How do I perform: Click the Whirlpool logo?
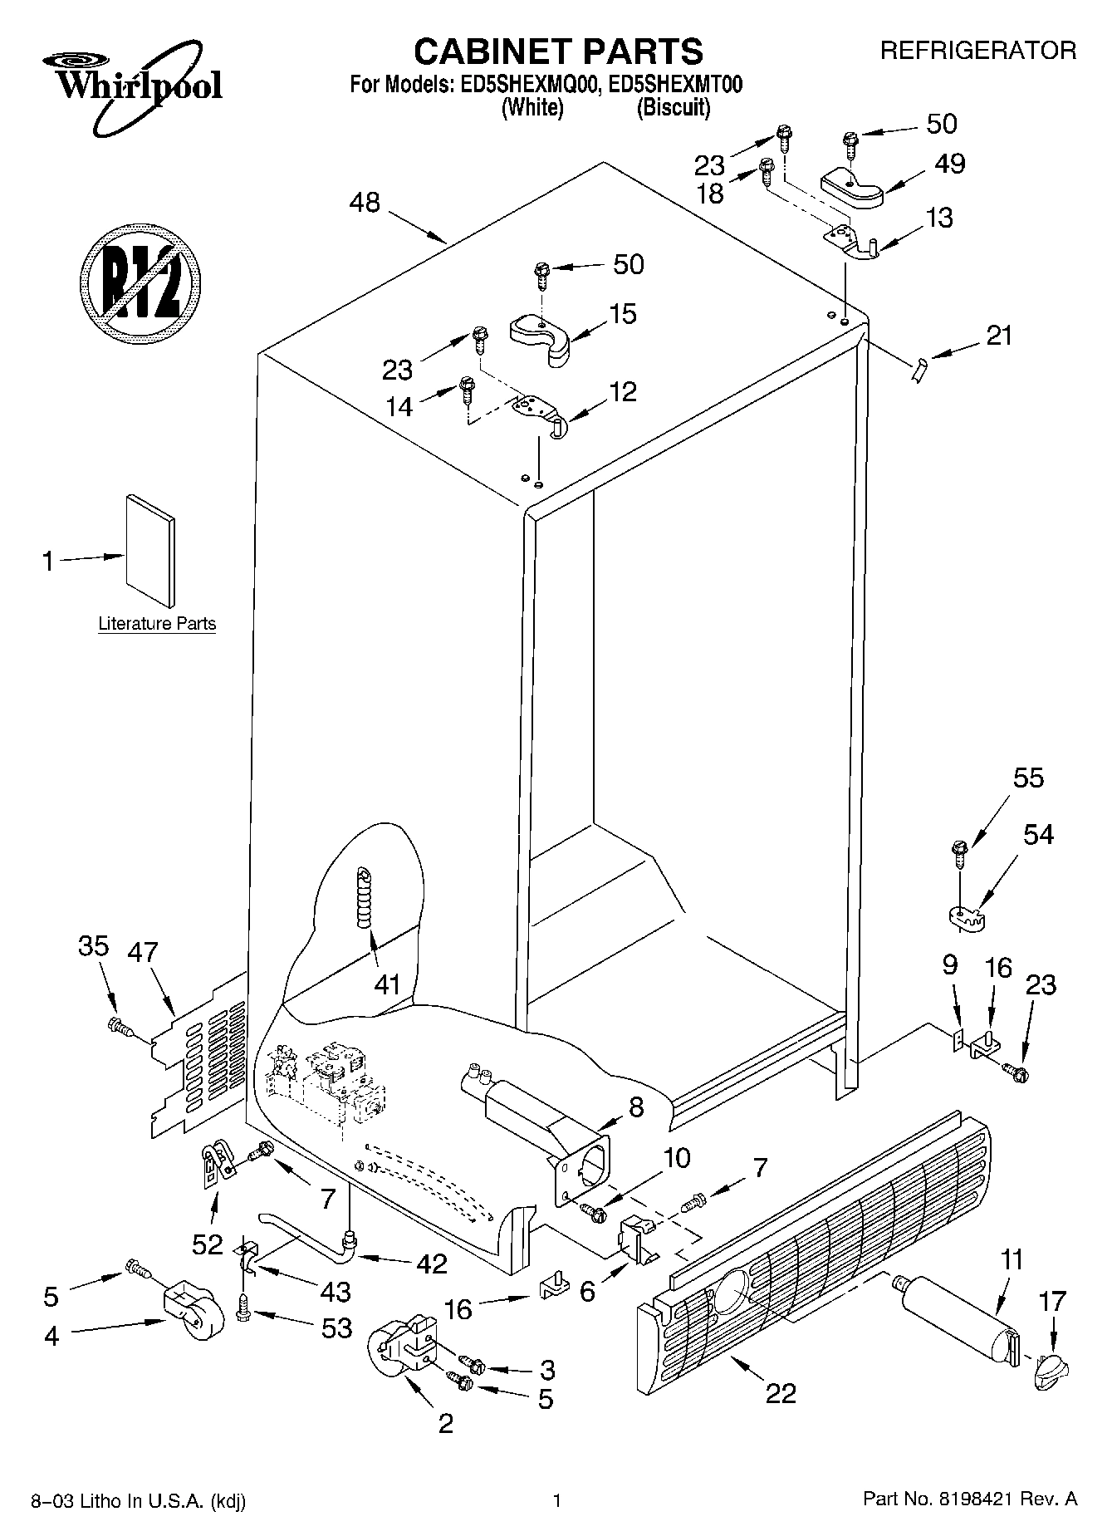[x=137, y=86]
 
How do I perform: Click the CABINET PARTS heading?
[x=557, y=52]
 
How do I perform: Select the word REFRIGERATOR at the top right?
[x=977, y=51]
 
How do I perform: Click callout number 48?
[x=364, y=202]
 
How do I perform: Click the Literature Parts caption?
[x=157, y=623]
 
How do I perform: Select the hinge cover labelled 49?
[x=851, y=189]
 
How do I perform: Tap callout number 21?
[x=999, y=336]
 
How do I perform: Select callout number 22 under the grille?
[x=781, y=1392]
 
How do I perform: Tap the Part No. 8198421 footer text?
[x=969, y=1499]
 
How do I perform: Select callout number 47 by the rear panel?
[x=142, y=952]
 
